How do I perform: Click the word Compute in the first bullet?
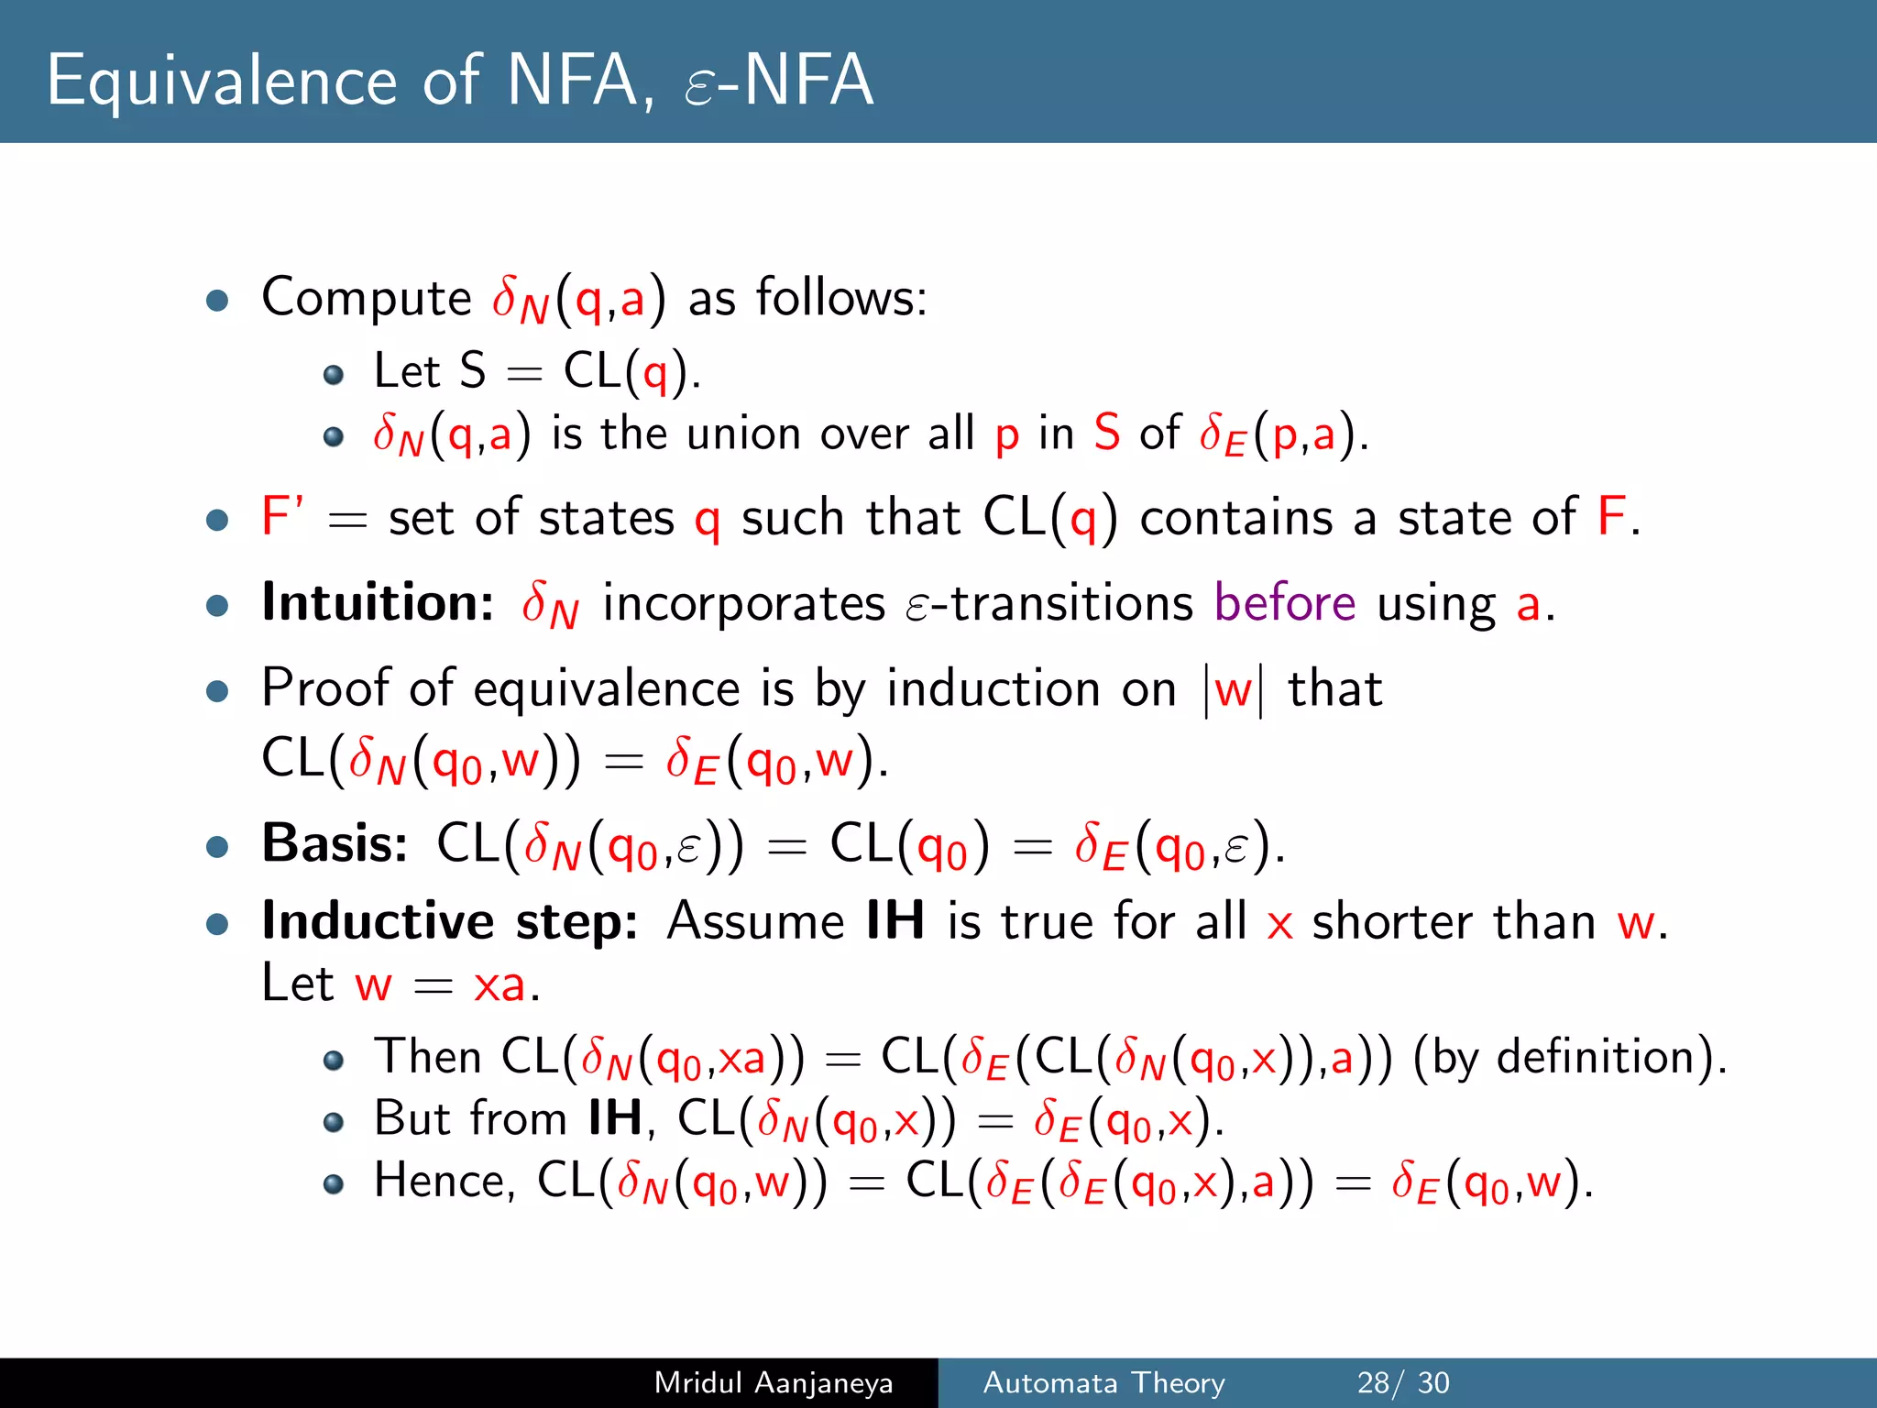click(366, 298)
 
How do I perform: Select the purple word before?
click(1285, 603)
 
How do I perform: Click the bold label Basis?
click(335, 843)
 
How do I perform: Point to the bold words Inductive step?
click(449, 921)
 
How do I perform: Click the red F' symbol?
click(281, 516)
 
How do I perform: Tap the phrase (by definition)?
click(1569, 1057)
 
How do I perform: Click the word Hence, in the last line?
click(444, 1181)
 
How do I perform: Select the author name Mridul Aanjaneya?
click(773, 1382)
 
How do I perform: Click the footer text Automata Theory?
click(1103, 1382)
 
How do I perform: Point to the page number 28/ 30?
click(1402, 1382)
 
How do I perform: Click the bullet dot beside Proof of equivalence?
click(217, 690)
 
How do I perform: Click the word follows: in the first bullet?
click(841, 298)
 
